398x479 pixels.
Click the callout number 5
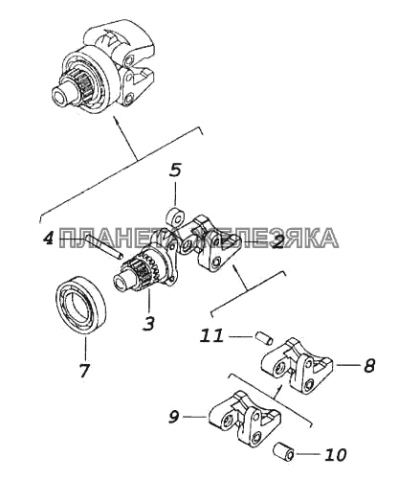[175, 171]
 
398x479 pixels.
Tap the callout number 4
[49, 238]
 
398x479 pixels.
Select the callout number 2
[276, 241]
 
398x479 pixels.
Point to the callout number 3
[148, 323]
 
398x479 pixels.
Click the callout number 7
[84, 370]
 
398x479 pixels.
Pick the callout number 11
[211, 335]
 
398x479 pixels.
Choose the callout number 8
[368, 365]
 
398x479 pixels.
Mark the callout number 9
[174, 417]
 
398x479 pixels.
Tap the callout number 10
[336, 454]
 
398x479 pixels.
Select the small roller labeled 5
[175, 217]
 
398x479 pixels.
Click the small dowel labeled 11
[264, 338]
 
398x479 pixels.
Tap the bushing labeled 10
[284, 451]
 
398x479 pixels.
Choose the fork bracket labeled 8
[298, 366]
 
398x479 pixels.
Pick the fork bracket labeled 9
[245, 417]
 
